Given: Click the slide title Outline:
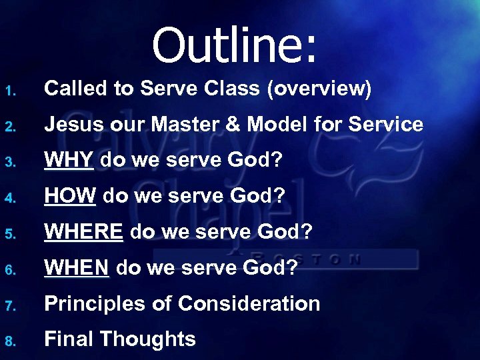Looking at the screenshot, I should coord(235,45).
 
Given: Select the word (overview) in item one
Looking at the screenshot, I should coord(319,89).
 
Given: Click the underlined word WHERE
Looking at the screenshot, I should coord(83,232).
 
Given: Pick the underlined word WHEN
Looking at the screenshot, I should coord(77,268).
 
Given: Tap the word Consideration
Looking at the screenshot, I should coord(249,304).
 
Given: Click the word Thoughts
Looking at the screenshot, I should coord(147,339).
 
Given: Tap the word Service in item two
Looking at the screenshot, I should coord(386,125).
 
